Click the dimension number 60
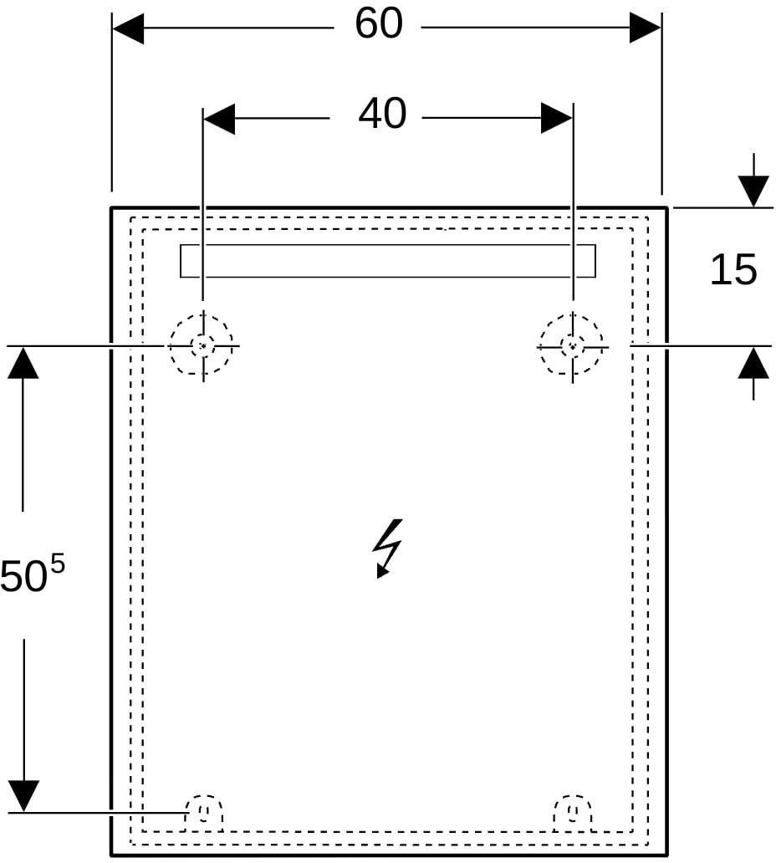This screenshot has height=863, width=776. [379, 24]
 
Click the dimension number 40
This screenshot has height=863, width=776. [382, 115]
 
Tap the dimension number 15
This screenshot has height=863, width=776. [733, 269]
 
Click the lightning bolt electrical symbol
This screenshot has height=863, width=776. [388, 549]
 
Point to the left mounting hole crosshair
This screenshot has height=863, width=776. [203, 346]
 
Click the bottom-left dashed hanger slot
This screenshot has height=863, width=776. [204, 812]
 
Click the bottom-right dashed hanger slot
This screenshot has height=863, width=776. [572, 812]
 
